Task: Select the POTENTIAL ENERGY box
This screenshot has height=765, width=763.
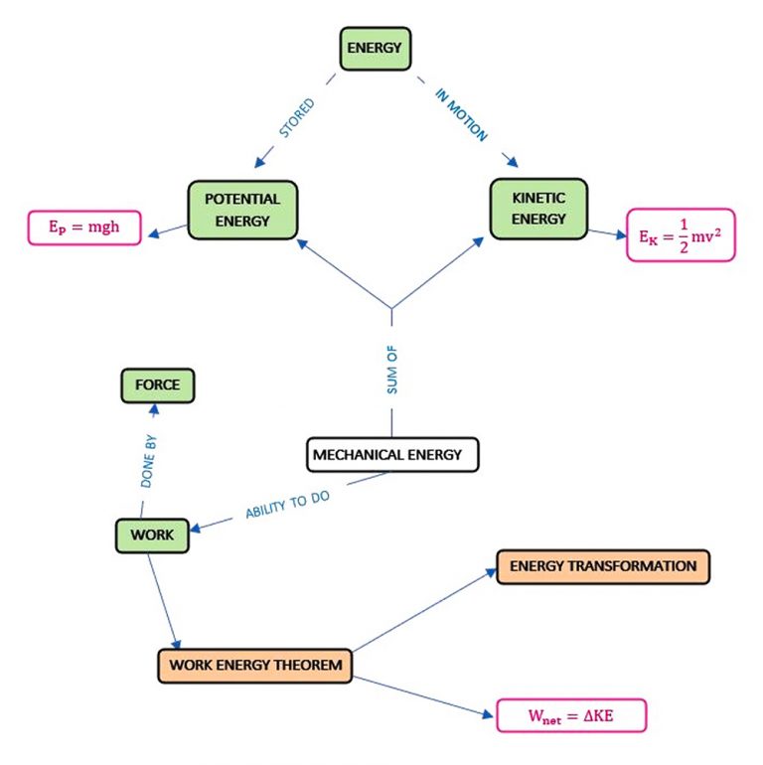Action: [242, 208]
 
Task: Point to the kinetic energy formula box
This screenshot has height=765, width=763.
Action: [681, 235]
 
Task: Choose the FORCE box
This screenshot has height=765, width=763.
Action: [157, 385]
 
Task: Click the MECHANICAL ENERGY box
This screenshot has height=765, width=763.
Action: [390, 455]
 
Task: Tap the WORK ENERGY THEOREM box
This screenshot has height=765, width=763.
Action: [254, 665]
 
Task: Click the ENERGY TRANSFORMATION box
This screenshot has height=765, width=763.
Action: [602, 566]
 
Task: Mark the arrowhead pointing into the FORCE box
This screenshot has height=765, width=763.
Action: [152, 409]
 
